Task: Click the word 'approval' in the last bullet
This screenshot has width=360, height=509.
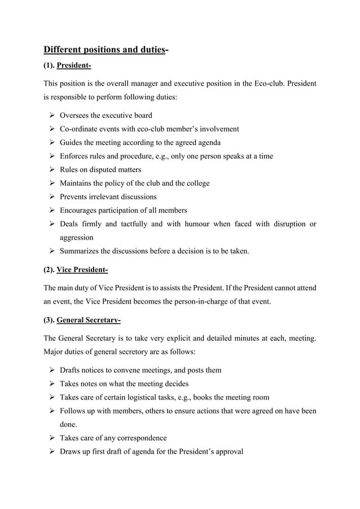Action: coord(229,451)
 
